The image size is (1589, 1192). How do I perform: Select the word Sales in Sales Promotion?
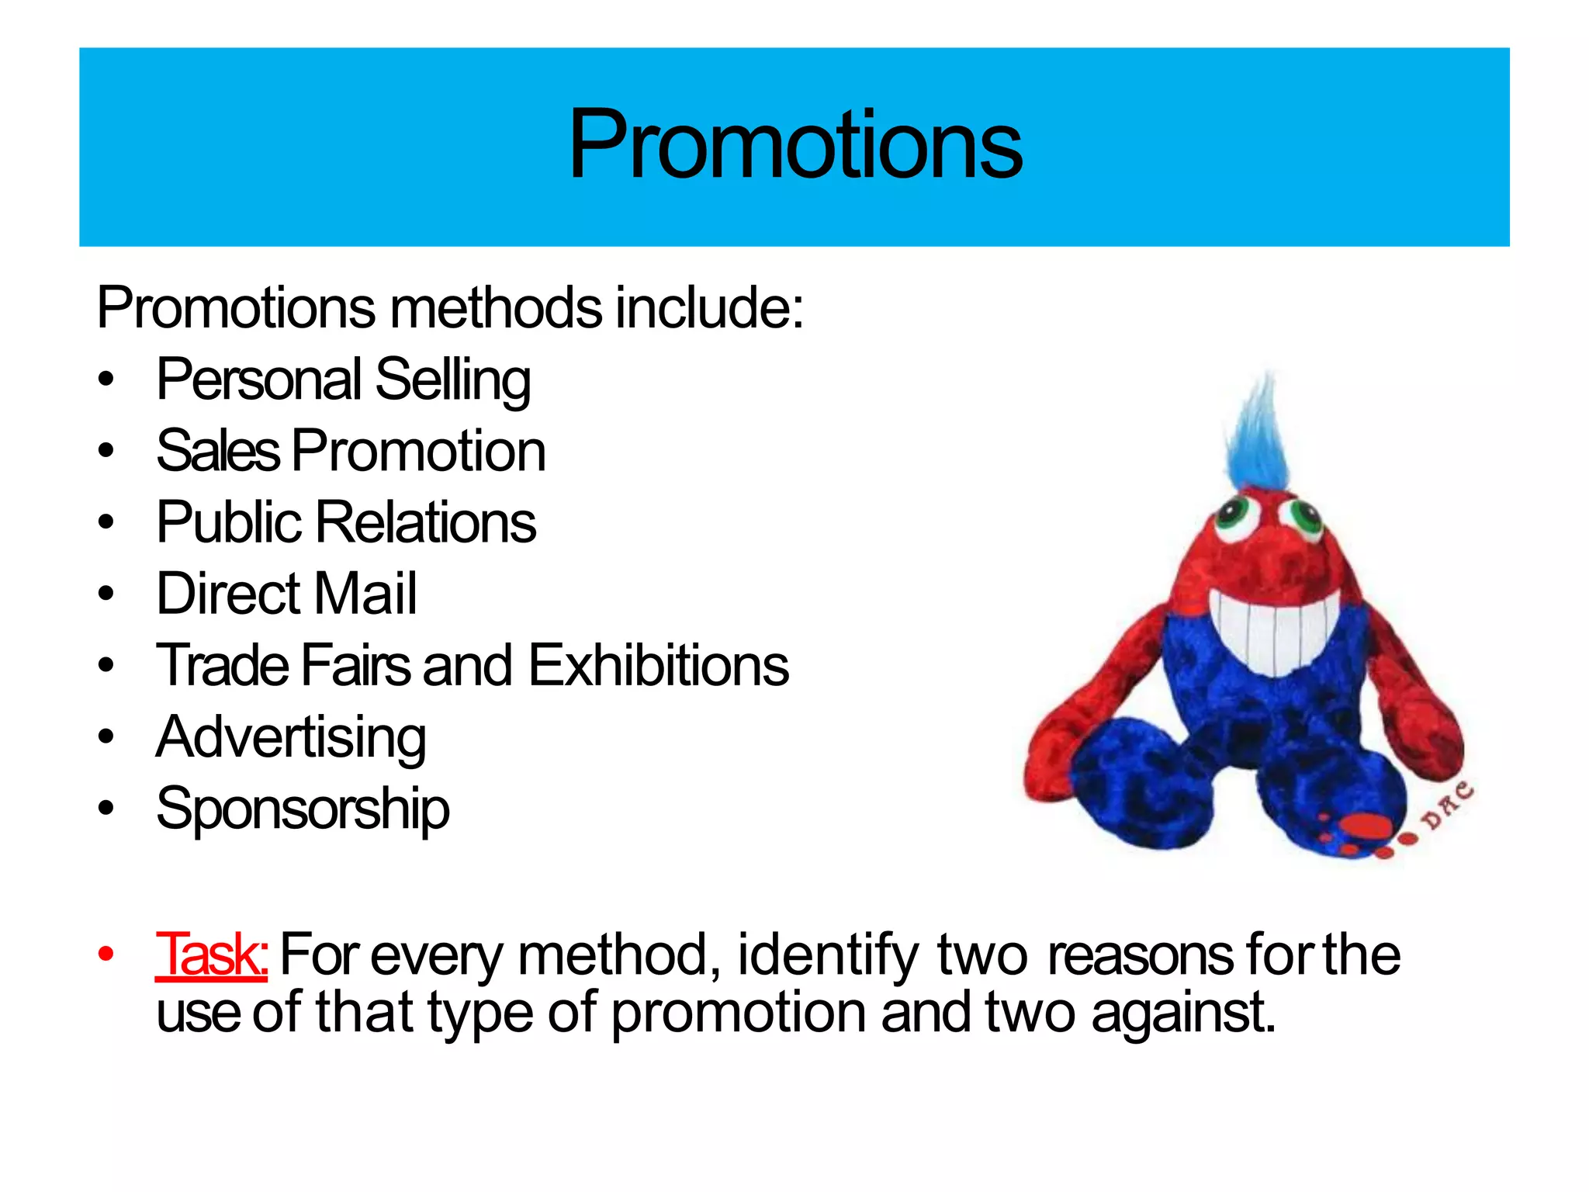[217, 451]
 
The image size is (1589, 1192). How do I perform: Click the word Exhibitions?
[659, 666]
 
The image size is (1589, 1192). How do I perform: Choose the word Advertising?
[291, 737]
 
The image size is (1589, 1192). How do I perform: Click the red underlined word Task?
[211, 954]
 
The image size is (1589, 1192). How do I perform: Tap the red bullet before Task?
[106, 954]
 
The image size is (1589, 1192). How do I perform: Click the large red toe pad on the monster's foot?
[1366, 826]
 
